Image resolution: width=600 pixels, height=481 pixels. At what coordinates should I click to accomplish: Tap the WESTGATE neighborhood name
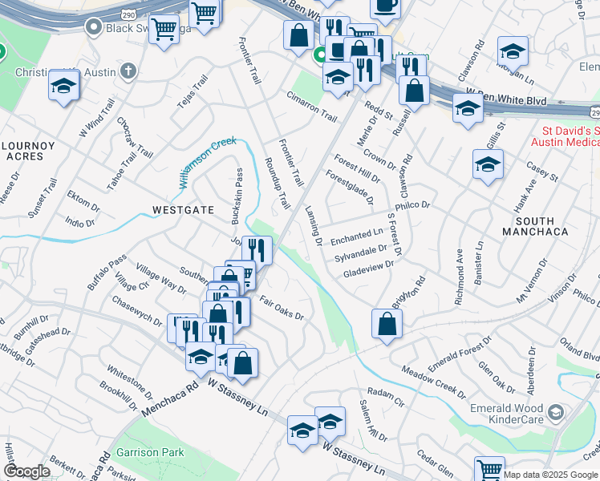click(183, 210)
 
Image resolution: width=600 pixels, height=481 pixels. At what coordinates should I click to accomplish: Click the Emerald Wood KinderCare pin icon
click(555, 414)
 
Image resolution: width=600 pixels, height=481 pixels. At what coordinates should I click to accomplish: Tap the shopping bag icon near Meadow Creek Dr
click(387, 325)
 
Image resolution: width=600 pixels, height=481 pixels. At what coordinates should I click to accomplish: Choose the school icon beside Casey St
click(487, 165)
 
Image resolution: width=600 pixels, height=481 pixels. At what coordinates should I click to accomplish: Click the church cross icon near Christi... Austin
click(128, 71)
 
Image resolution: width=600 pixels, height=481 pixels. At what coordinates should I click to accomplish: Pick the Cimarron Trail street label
click(311, 106)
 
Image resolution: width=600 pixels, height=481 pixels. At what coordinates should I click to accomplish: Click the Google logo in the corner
click(26, 471)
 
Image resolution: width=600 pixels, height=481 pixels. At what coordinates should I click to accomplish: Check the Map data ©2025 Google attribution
click(551, 475)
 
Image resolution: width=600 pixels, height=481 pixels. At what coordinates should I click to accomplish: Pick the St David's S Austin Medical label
click(565, 136)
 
